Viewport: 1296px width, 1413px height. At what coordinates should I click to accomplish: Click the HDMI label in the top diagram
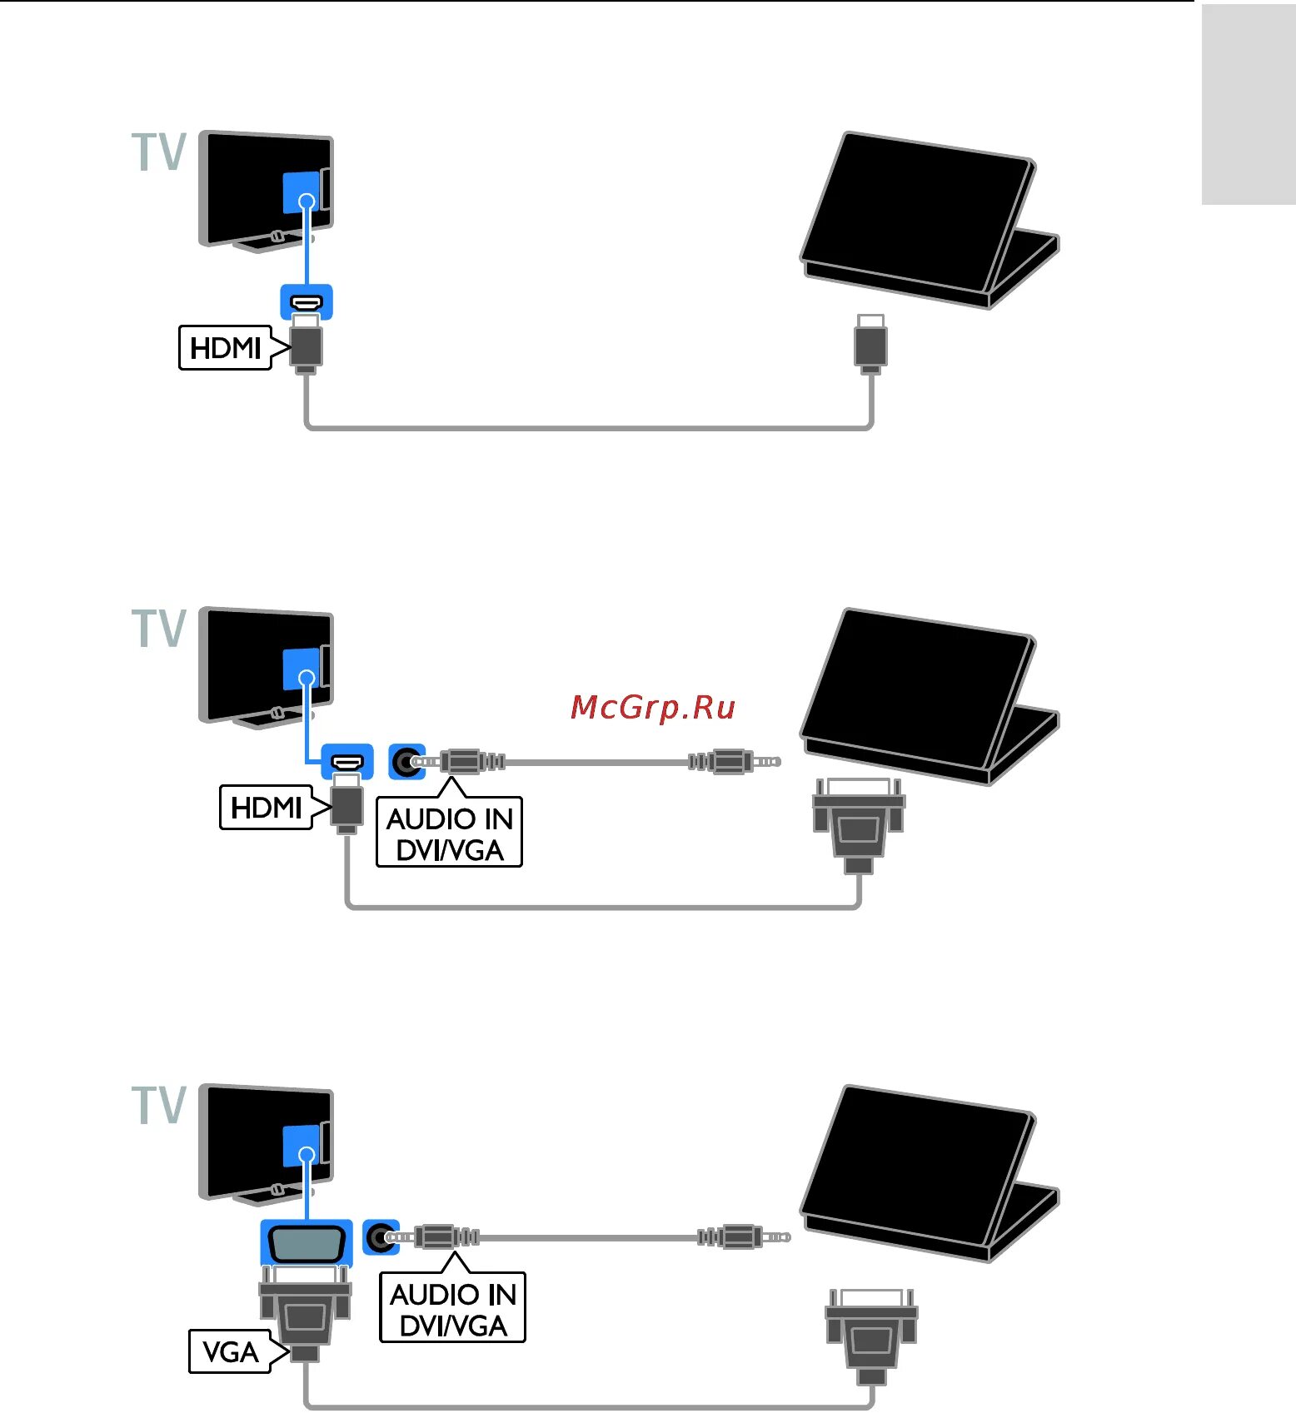225,347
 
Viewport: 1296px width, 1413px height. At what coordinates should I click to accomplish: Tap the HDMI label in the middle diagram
266,807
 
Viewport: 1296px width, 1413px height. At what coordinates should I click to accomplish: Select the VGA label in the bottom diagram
230,1351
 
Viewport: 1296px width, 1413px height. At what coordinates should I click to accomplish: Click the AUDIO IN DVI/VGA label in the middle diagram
449,833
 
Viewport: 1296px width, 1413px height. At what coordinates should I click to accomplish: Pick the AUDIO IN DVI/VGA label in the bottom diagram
452,1309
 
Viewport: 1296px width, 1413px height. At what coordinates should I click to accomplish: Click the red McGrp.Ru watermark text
653,707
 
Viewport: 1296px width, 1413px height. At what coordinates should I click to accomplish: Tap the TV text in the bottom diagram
159,1105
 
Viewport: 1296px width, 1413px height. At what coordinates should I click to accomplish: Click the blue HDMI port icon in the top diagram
307,301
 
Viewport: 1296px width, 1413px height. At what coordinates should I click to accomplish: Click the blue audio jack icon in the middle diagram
406,761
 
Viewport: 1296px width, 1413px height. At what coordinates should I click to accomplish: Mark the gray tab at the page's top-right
1248,104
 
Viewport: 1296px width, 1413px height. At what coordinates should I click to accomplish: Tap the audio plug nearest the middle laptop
733,761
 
